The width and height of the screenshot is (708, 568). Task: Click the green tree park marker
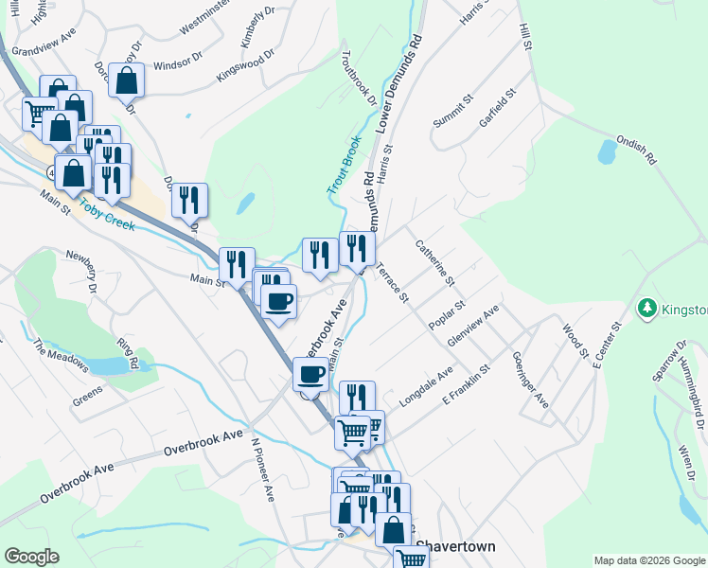coord(647,308)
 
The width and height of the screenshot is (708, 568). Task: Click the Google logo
coord(31,557)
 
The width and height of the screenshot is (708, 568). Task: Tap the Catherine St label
coord(435,263)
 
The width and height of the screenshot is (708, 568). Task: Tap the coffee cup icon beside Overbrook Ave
coord(310,375)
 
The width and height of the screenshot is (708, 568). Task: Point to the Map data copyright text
coord(649,559)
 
